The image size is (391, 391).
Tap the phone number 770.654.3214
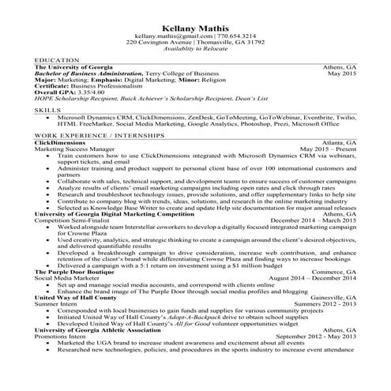tap(237, 38)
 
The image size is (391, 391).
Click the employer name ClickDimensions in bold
tap(60, 142)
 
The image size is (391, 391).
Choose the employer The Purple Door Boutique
tap(75, 272)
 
